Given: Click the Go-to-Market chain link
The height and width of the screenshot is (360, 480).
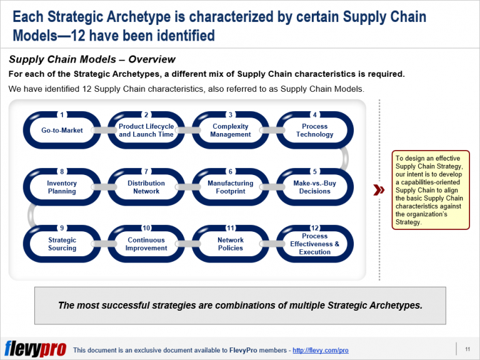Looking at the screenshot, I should click(62, 130).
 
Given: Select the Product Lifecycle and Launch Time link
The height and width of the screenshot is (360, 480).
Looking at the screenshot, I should click(146, 130).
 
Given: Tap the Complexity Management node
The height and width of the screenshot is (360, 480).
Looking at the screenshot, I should click(231, 130).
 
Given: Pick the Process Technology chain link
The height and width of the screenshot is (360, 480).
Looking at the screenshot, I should click(314, 130).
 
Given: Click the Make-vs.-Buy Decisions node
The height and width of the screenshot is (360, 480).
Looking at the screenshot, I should click(314, 187).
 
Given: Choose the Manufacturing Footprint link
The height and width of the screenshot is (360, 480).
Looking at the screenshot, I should click(231, 187).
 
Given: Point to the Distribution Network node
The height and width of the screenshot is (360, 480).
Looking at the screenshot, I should click(146, 187).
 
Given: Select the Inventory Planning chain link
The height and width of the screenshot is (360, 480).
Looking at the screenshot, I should click(62, 187).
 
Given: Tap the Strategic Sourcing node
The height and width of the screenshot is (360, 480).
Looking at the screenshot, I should click(62, 244).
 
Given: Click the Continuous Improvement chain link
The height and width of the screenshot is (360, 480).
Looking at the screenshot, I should click(146, 244).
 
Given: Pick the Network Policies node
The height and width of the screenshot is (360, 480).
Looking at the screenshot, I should click(231, 244).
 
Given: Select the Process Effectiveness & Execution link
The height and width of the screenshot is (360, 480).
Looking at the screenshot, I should click(314, 244).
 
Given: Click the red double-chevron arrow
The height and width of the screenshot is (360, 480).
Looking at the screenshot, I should click(378, 190).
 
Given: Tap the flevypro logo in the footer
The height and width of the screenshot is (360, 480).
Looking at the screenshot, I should click(35, 349).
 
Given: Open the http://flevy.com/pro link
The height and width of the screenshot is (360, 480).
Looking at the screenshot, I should click(320, 351).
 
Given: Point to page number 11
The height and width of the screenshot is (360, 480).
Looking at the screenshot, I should click(467, 349).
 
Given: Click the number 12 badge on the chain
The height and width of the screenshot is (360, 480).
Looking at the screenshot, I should click(314, 228).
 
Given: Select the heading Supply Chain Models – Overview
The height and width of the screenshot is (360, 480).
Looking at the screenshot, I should click(92, 60).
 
